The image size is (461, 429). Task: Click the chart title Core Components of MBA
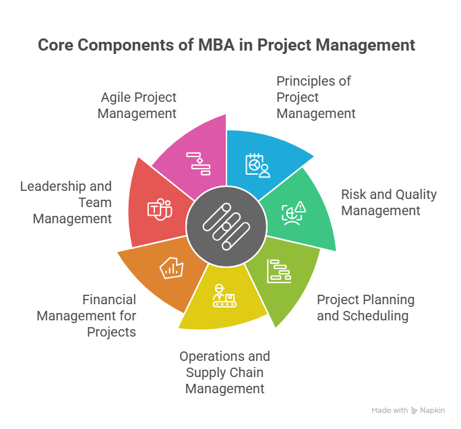pos(226,45)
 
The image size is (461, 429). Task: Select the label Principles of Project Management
pos(315,97)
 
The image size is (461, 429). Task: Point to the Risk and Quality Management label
pos(388,202)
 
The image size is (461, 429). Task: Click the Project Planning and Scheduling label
pos(365,307)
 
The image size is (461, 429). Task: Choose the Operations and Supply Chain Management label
pos(224,372)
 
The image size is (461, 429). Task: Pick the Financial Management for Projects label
pos(86,316)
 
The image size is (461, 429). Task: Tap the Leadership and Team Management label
pos(65,202)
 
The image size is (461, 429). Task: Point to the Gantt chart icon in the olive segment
pos(278,270)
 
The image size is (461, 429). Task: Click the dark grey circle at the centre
pos(226,226)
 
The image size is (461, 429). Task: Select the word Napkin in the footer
pos(432,410)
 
